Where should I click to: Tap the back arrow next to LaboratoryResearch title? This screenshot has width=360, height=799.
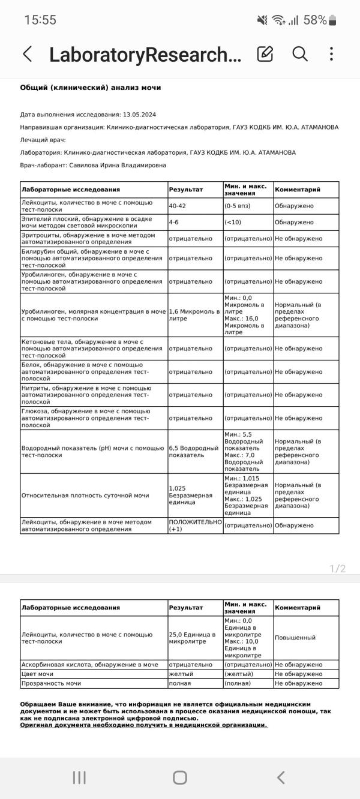point(27,54)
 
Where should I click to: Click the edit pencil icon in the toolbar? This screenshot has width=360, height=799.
point(265,54)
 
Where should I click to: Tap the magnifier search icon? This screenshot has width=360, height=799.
point(300,54)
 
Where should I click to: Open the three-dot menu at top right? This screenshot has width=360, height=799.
point(331,54)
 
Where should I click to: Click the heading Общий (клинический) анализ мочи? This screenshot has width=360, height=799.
point(90,88)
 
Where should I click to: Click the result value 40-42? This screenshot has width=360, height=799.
point(177,206)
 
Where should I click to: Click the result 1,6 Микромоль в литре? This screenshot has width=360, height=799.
point(194,316)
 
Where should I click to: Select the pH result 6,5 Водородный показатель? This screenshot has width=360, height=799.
point(193,452)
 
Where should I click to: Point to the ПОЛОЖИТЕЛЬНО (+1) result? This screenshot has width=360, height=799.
point(195,525)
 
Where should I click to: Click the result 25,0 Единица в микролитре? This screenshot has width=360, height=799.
point(192,638)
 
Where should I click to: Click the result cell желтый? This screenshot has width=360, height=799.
point(180,674)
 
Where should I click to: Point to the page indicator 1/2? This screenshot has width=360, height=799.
point(338,569)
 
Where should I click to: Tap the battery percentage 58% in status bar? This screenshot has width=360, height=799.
point(315,20)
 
